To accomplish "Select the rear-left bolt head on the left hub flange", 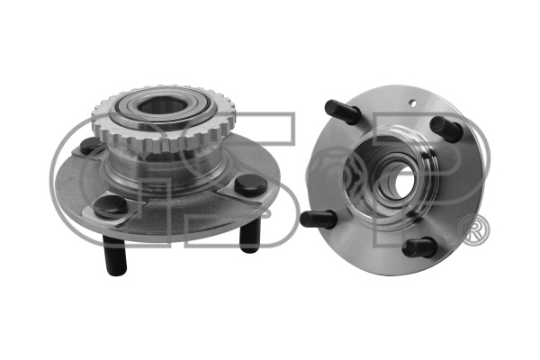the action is coord(90,146).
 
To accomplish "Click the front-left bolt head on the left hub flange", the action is coord(110,206).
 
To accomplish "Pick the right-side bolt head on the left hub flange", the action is coord(251,185).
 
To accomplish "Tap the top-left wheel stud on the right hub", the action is coord(342,112).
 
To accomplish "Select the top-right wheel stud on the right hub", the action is coord(447,129).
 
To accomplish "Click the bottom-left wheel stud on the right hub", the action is coord(319,219).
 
